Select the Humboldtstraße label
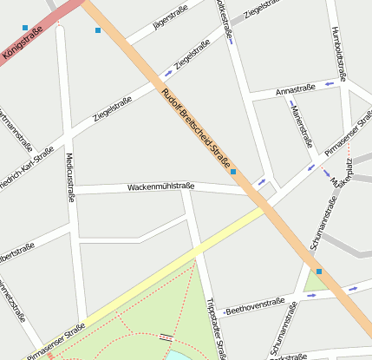point(340,52)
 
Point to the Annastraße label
point(295,89)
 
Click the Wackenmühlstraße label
point(160,186)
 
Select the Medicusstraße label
point(69,177)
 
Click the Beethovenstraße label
point(254,305)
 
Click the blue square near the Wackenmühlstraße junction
point(233,172)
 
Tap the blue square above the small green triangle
point(319,272)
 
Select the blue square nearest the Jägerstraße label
point(97,30)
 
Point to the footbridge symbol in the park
point(166,336)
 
